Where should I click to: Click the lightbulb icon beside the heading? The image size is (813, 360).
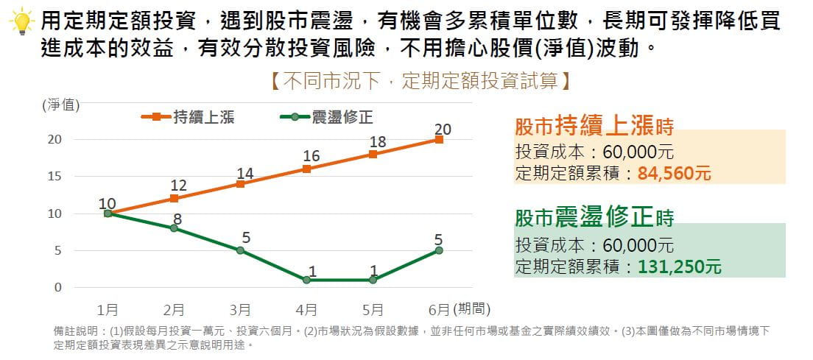coord(23,22)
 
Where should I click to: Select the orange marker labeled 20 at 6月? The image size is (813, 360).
coord(439,139)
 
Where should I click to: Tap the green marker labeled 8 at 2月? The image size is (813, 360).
coord(174,228)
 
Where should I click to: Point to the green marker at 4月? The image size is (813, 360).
coord(306,280)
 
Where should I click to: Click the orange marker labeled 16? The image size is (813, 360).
coord(306,169)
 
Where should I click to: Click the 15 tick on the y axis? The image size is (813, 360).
coord(55,177)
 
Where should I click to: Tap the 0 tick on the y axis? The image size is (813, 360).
coord(57,288)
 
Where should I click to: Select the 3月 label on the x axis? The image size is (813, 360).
coord(240,308)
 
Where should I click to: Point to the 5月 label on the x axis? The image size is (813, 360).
coord(373,308)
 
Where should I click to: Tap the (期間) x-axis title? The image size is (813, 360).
coord(472,308)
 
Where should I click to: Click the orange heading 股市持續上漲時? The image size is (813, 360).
coord(594,127)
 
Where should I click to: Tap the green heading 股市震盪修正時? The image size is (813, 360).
coord(594,218)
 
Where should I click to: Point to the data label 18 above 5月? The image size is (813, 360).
coord(377,141)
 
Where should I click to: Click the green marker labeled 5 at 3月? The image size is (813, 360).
coord(240,250)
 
